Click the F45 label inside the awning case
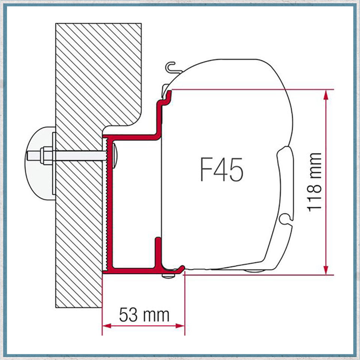[221, 169]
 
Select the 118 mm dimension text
[315, 182]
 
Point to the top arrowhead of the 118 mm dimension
[326, 94]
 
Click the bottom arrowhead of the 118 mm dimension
[326, 270]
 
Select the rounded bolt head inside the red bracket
[114, 154]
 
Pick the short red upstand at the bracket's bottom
[158, 252]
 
